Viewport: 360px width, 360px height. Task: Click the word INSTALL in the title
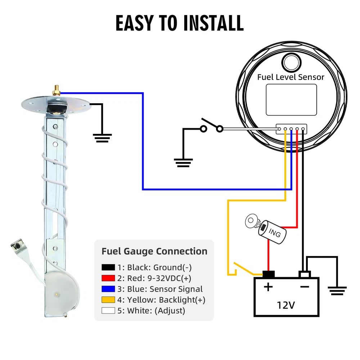pyautogui.click(x=213, y=23)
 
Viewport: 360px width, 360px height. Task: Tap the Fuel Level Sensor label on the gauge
pyautogui.click(x=291, y=77)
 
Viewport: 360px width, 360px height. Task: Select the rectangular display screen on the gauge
pyautogui.click(x=291, y=100)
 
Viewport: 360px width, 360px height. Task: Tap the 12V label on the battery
pyautogui.click(x=286, y=305)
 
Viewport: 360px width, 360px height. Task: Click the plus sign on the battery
pyautogui.click(x=269, y=287)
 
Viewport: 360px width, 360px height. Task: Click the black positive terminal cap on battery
pyautogui.click(x=269, y=274)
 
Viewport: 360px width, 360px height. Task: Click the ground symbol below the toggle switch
pyautogui.click(x=183, y=162)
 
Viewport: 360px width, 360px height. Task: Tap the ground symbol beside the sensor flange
pyautogui.click(x=102, y=138)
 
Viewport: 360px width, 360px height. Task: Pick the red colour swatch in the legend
pyautogui.click(x=108, y=278)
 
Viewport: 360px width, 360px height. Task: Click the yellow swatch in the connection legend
pyautogui.click(x=108, y=300)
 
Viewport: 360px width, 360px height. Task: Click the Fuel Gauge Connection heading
pyautogui.click(x=154, y=251)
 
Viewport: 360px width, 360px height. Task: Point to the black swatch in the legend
pyautogui.click(x=108, y=267)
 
